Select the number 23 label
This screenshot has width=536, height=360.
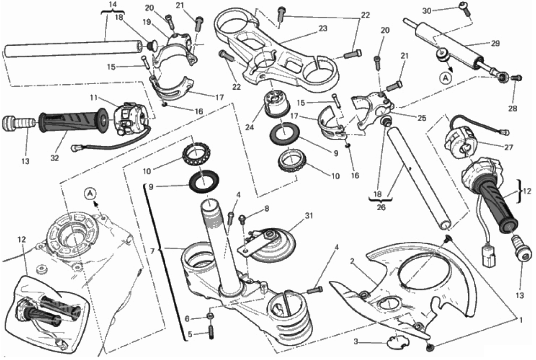click(323, 28)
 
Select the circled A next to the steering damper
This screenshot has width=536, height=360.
click(446, 78)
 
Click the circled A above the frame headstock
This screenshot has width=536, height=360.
click(91, 194)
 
